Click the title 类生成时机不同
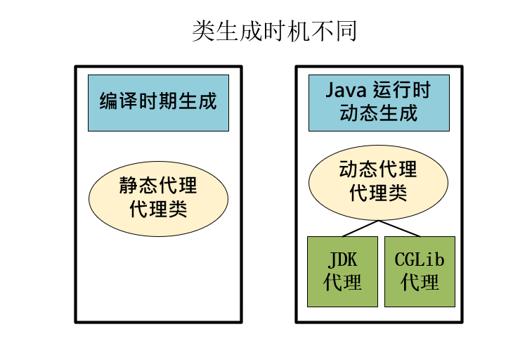click(275, 32)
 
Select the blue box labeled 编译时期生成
click(158, 103)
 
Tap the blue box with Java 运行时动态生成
click(379, 103)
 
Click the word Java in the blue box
click(346, 91)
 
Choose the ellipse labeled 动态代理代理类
click(378, 181)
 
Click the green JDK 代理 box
click(343, 271)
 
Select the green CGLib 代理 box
click(420, 271)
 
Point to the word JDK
click(343, 260)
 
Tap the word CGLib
click(420, 260)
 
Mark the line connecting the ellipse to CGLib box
click(399, 229)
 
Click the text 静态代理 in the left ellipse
click(158, 187)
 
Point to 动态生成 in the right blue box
click(379, 113)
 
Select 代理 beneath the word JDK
click(343, 283)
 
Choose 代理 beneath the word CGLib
click(420, 283)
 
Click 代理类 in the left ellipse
click(158, 210)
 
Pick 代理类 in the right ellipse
click(378, 193)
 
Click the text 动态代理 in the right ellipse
click(378, 170)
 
